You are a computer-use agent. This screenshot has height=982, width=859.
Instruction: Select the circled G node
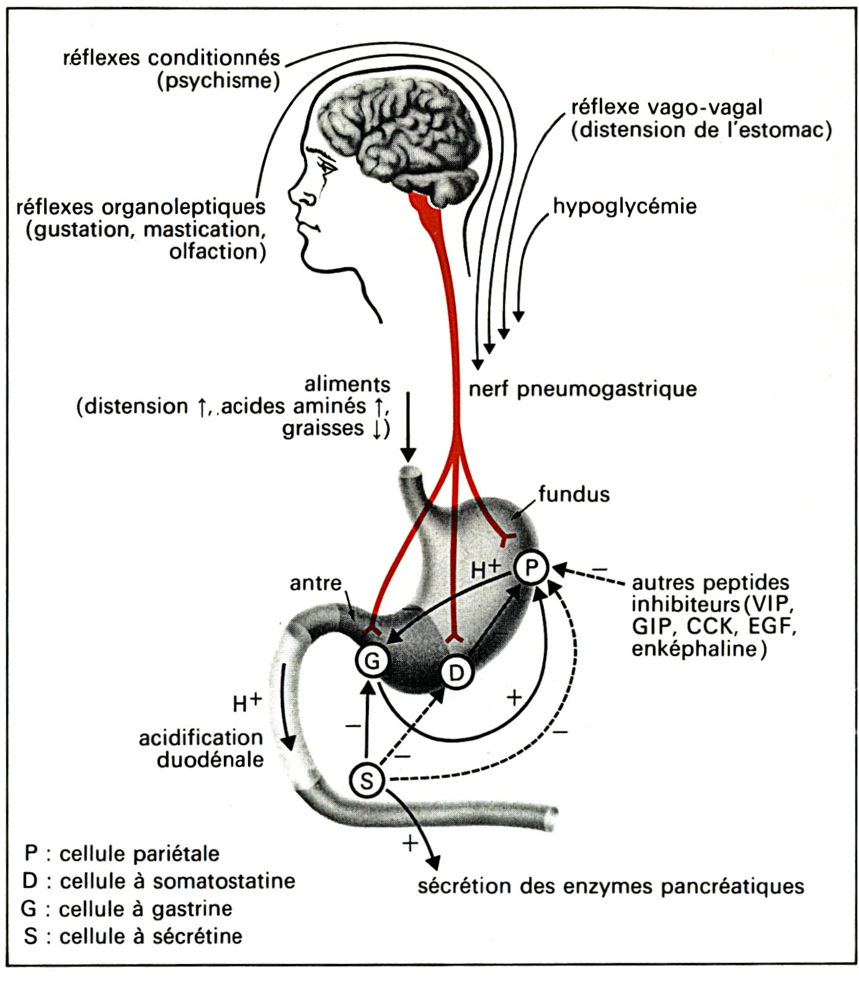[x=372, y=661]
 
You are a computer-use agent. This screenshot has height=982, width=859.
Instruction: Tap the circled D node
[x=456, y=673]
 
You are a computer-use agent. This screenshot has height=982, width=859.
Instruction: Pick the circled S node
[x=367, y=781]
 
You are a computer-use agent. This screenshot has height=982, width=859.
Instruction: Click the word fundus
[x=574, y=494]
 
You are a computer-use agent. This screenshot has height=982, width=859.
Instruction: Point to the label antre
[x=316, y=583]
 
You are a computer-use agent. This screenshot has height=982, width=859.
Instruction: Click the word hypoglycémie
[x=625, y=207]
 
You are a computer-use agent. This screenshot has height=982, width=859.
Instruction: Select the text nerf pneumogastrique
[x=582, y=389]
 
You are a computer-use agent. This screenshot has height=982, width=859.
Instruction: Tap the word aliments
[x=347, y=384]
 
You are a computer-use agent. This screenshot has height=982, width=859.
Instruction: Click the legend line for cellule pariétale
[x=122, y=854]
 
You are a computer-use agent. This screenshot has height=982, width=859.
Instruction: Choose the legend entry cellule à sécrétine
[x=133, y=936]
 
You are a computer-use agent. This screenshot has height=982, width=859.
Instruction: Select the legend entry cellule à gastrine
[x=127, y=909]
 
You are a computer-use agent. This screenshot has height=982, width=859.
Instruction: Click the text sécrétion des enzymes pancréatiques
[x=611, y=887]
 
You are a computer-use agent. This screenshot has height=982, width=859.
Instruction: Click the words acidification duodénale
[x=201, y=748]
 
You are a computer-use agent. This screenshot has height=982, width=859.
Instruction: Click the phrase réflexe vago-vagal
[x=667, y=107]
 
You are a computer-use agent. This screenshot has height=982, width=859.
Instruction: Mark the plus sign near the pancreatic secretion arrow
[x=410, y=843]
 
